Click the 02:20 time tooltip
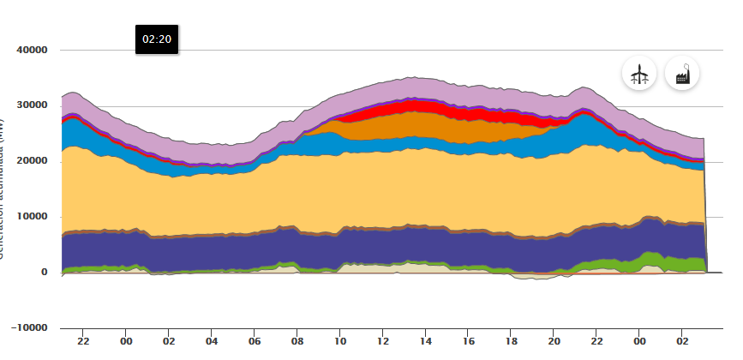pos(157,39)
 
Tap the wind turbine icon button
pos(638,74)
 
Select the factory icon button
pos(682,74)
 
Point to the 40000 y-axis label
pos(32,51)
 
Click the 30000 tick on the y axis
pos(32,106)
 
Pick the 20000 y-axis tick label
pos(32,161)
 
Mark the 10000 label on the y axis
pos(32,217)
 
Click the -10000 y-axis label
pos(30,327)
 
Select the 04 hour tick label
pos(212,341)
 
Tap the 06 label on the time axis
pos(255,341)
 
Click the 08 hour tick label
pos(297,341)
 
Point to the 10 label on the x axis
pos(340,341)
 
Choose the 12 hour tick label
pos(383,341)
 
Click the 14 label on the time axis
pos(426,341)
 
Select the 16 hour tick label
pos(469,341)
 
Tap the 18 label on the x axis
pos(512,341)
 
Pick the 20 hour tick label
pos(554,341)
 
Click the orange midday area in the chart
pos(411,125)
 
